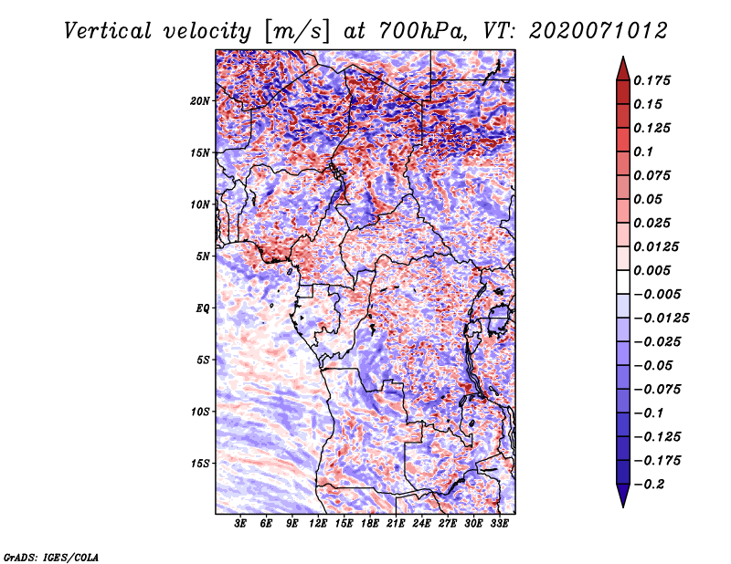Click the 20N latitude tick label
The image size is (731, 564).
(x=200, y=100)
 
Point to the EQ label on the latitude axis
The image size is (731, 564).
(x=203, y=308)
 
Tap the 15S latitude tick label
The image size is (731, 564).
(x=200, y=464)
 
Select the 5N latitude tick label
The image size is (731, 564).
(x=203, y=256)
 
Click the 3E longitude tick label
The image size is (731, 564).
(x=240, y=523)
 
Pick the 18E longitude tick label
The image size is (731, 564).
(x=370, y=523)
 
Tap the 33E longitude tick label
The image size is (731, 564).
(x=499, y=523)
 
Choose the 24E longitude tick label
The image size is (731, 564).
(x=421, y=523)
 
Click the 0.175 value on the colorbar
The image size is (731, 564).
(x=652, y=80)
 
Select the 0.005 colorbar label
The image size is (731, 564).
(x=652, y=270)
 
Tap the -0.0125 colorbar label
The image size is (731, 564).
(x=662, y=319)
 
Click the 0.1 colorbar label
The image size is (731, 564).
(x=643, y=151)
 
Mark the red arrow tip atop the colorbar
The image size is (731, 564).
(x=623, y=57)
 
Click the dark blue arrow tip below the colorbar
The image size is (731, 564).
(x=623, y=507)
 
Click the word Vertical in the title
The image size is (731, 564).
(x=108, y=31)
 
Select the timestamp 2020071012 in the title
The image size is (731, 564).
(x=599, y=31)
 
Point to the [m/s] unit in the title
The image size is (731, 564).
(x=296, y=32)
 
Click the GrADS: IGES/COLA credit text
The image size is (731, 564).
(x=51, y=557)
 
